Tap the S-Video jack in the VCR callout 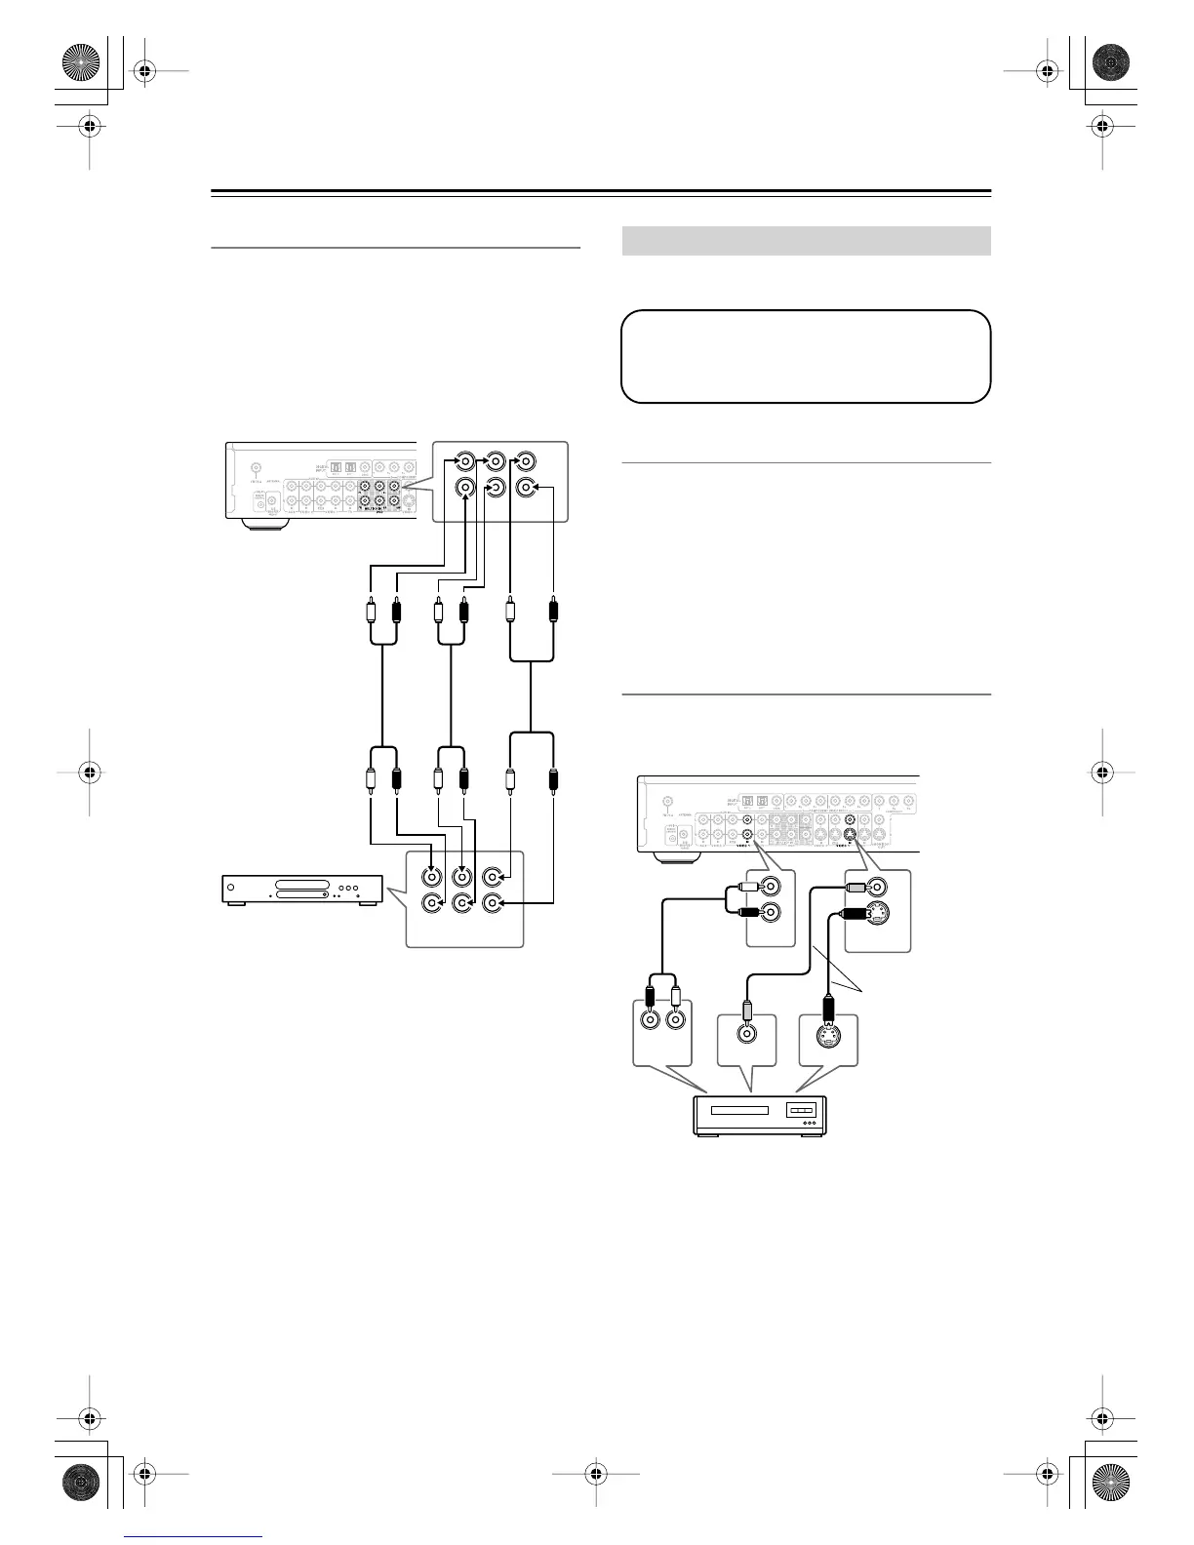point(828,1036)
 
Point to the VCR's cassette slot point(740,1110)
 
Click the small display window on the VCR point(801,1110)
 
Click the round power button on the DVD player point(231,889)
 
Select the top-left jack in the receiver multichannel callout point(465,460)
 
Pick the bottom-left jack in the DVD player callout point(430,903)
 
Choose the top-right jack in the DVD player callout point(494,877)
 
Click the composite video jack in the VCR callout point(746,1036)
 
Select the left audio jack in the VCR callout point(649,1021)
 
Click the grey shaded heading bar point(806,241)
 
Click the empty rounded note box point(806,356)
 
